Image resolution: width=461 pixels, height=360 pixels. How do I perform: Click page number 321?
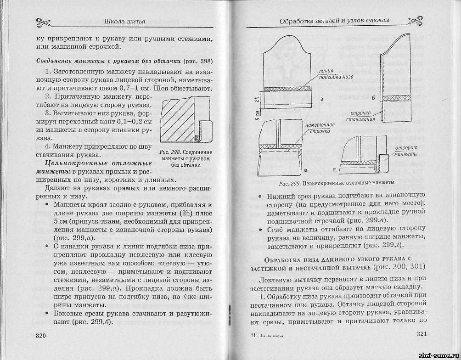tap(422, 334)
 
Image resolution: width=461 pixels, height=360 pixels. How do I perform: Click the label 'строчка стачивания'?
tap(363, 115)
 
